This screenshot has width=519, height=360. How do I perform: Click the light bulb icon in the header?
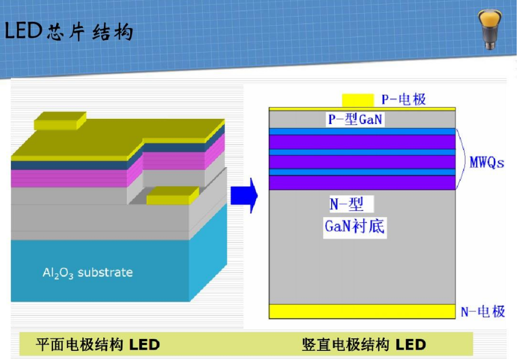click(490, 29)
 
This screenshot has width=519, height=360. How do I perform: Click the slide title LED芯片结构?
click(69, 32)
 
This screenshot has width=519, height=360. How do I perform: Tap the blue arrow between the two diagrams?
click(244, 195)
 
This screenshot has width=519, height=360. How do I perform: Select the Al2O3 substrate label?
click(88, 273)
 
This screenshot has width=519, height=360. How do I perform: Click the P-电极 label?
click(404, 99)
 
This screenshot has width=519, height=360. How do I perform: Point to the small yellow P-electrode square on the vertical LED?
click(357, 101)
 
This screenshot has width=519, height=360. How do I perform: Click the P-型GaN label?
click(355, 119)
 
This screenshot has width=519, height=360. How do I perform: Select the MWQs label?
click(487, 163)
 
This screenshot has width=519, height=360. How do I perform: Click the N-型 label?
click(347, 204)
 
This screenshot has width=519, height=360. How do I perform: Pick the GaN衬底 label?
click(355, 227)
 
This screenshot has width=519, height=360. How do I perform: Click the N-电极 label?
click(483, 311)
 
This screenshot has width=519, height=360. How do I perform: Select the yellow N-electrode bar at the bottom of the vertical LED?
click(362, 311)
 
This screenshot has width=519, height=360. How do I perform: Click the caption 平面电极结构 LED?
click(98, 345)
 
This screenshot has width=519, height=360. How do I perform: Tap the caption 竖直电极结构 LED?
click(364, 345)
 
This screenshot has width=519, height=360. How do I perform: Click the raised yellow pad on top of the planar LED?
click(61, 121)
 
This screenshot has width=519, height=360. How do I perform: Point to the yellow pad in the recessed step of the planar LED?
click(172, 195)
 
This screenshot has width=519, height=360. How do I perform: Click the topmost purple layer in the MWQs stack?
click(362, 142)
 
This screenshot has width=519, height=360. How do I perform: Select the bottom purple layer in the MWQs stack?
click(362, 183)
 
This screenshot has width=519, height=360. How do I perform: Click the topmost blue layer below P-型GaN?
click(362, 131)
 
